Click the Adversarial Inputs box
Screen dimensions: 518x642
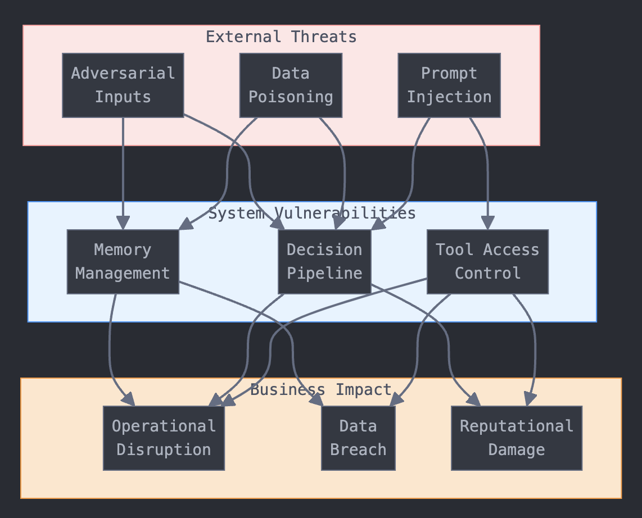click(123, 85)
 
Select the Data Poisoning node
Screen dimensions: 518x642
click(291, 85)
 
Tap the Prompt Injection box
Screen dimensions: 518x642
click(449, 85)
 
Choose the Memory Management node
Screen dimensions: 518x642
click(123, 262)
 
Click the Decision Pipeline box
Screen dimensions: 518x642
click(324, 262)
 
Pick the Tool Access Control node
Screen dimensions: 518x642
click(487, 262)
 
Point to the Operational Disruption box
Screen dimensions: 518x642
click(164, 438)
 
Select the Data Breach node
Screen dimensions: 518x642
click(358, 438)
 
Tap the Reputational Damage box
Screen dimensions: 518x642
click(517, 438)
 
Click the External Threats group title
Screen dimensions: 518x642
click(281, 37)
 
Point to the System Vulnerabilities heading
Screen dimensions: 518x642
click(312, 213)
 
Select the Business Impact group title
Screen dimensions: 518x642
click(320, 390)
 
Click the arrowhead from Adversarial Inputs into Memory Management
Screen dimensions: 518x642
click(123, 223)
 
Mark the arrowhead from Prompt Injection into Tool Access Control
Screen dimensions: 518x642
click(487, 223)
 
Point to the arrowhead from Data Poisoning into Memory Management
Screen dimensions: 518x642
click(185, 225)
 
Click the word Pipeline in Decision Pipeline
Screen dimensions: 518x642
click(324, 274)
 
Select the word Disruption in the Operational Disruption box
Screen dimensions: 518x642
click(164, 450)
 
